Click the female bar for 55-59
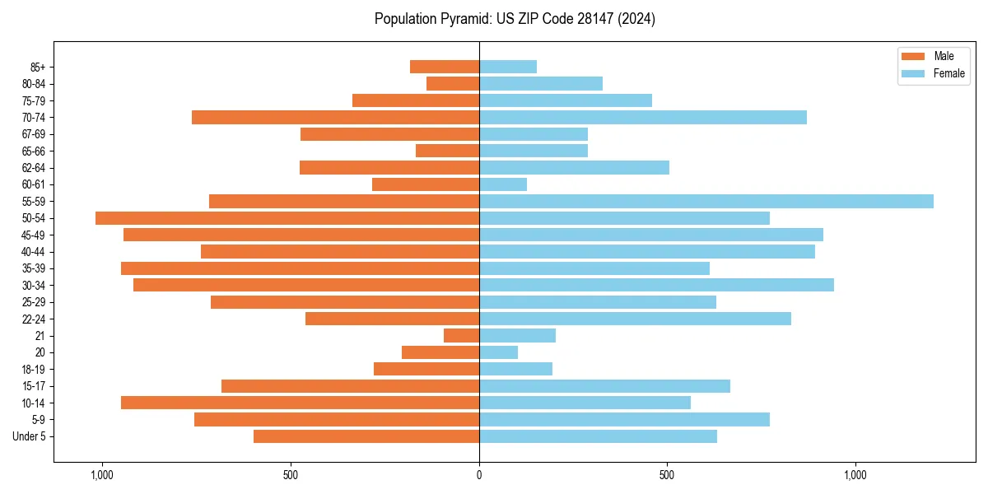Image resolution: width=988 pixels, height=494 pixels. [x=706, y=201]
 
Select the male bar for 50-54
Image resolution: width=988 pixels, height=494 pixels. [x=287, y=218]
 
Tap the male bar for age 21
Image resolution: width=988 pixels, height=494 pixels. [x=461, y=335]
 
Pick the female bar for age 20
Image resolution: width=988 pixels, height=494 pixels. [x=498, y=352]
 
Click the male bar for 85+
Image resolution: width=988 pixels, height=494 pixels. [x=445, y=67]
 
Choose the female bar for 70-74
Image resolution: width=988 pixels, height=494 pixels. [x=642, y=117]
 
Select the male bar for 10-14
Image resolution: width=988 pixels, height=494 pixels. [x=300, y=403]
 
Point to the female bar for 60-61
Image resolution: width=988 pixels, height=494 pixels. [x=502, y=184]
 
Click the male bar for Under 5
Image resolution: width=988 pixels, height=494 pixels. [x=366, y=436]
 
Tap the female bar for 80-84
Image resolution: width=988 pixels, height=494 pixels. [x=540, y=83]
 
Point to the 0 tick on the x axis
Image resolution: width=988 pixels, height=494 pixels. [x=479, y=475]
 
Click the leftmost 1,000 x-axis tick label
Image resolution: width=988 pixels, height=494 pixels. [x=102, y=475]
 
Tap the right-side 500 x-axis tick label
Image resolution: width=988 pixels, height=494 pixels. [x=667, y=475]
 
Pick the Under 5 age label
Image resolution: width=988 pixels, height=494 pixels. [x=30, y=436]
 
